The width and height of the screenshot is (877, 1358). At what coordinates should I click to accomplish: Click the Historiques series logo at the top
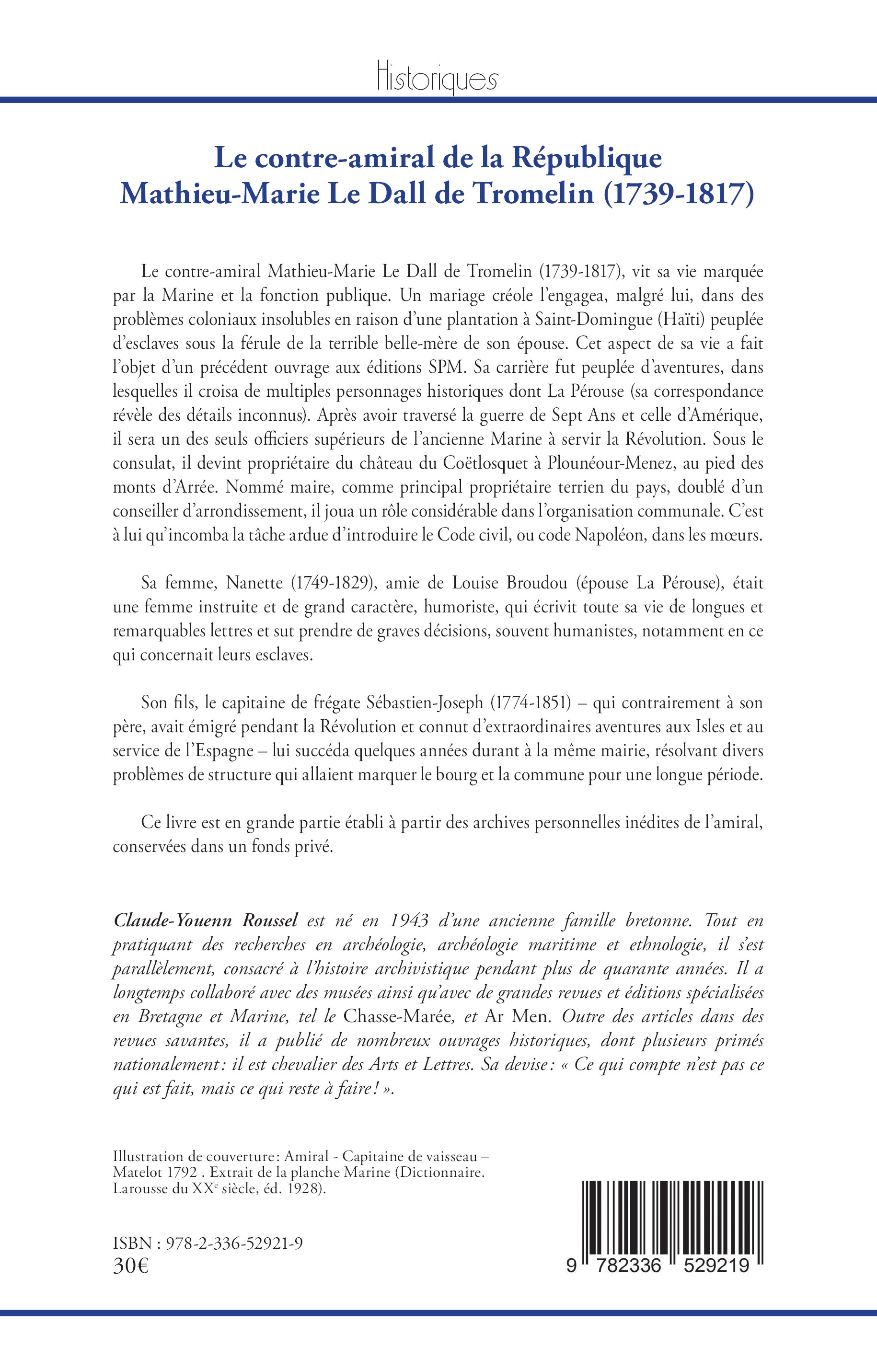point(438,80)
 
